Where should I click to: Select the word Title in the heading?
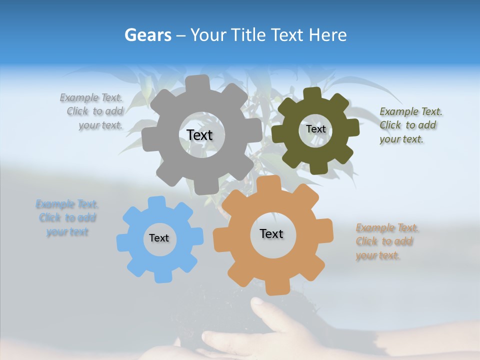coord(247,35)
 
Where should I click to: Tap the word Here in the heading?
coord(328,35)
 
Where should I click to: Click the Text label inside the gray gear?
coord(199,135)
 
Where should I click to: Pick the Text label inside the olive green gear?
coord(315,129)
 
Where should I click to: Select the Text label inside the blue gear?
coord(159,238)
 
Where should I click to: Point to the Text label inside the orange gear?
coord(271,233)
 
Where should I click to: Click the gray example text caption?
coord(93,111)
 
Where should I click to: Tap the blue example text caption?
coord(67,218)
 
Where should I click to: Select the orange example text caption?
coord(385,241)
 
